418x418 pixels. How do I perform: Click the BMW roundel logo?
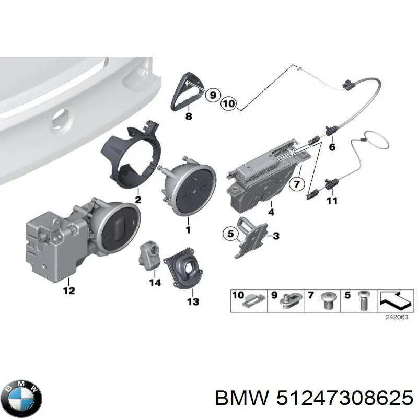[x=24, y=399]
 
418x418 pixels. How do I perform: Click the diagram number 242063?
[x=397, y=317]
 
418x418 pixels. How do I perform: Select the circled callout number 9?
[x=213, y=95]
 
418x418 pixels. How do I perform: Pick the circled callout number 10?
[x=229, y=103]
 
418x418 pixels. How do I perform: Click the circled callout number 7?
[x=297, y=184]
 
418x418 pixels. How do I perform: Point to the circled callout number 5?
[x=230, y=234]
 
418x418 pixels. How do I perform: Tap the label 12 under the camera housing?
[x=69, y=291]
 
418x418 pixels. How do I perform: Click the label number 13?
[x=193, y=301]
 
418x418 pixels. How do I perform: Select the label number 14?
[x=155, y=282]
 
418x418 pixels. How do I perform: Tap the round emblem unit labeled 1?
[x=188, y=189]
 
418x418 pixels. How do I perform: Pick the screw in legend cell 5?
[x=362, y=301]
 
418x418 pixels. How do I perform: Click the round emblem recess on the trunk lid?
[x=61, y=121]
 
